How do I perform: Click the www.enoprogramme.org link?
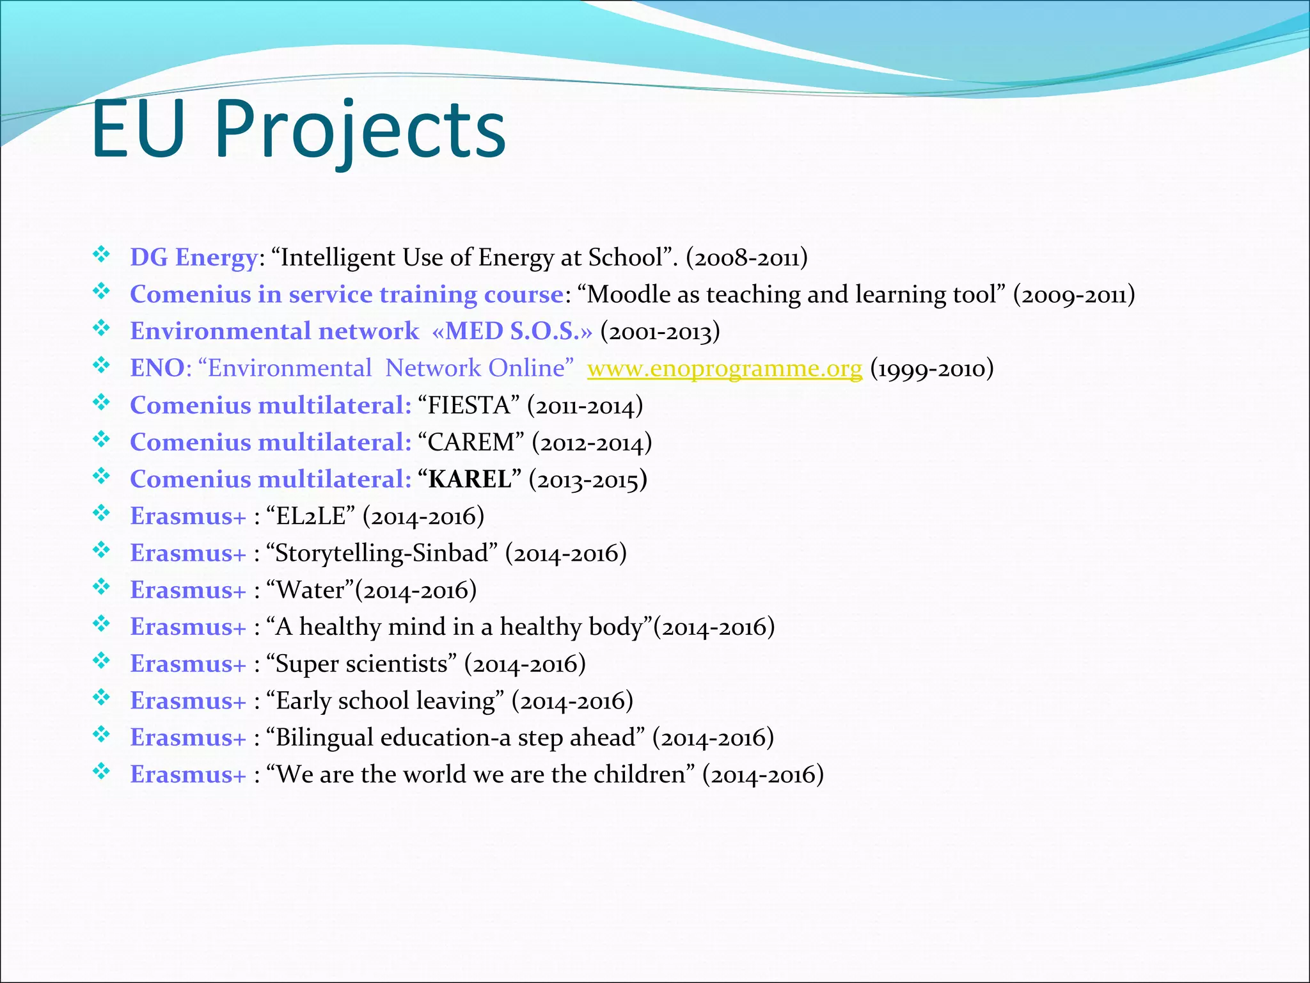[724, 369]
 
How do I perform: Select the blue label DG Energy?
[194, 257]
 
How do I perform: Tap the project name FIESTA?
[468, 406]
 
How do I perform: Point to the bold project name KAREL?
[470, 479]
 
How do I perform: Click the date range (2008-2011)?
[746, 258]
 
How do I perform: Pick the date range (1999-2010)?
[932, 369]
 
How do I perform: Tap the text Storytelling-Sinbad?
[382, 553]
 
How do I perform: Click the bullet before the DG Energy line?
[101, 255]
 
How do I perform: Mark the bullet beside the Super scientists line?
[101, 660]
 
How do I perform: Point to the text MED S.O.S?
[519, 332]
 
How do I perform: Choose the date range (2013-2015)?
[588, 479]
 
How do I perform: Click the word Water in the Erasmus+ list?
[310, 590]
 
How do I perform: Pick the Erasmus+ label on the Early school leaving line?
[188, 701]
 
